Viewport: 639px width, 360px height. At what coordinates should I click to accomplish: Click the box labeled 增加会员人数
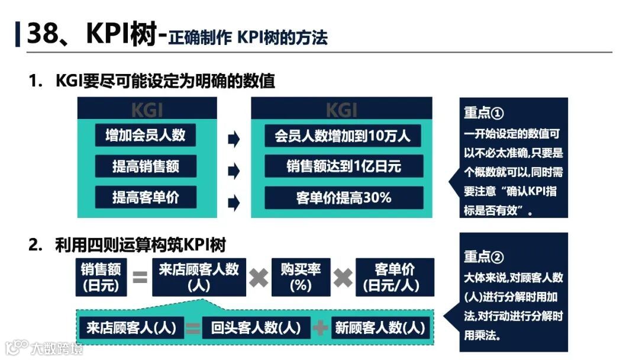[x=146, y=135]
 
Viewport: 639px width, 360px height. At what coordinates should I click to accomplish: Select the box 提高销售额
[x=146, y=166]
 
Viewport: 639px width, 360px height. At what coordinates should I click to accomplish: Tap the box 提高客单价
[x=146, y=197]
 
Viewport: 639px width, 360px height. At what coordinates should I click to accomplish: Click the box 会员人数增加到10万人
[x=343, y=135]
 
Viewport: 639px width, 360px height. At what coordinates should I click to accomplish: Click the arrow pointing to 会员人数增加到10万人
[x=234, y=140]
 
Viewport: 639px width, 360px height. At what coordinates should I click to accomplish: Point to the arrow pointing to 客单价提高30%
[x=234, y=202]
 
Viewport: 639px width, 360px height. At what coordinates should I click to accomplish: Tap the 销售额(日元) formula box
[x=101, y=277]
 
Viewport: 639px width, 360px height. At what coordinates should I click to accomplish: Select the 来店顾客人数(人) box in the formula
[x=199, y=277]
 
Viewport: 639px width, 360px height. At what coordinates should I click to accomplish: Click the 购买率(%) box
[x=301, y=277]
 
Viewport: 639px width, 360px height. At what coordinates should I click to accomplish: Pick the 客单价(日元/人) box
[x=394, y=277]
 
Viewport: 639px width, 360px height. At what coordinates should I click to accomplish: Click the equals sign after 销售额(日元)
[x=140, y=277]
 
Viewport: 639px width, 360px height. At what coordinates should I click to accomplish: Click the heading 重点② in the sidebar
[x=483, y=257]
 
